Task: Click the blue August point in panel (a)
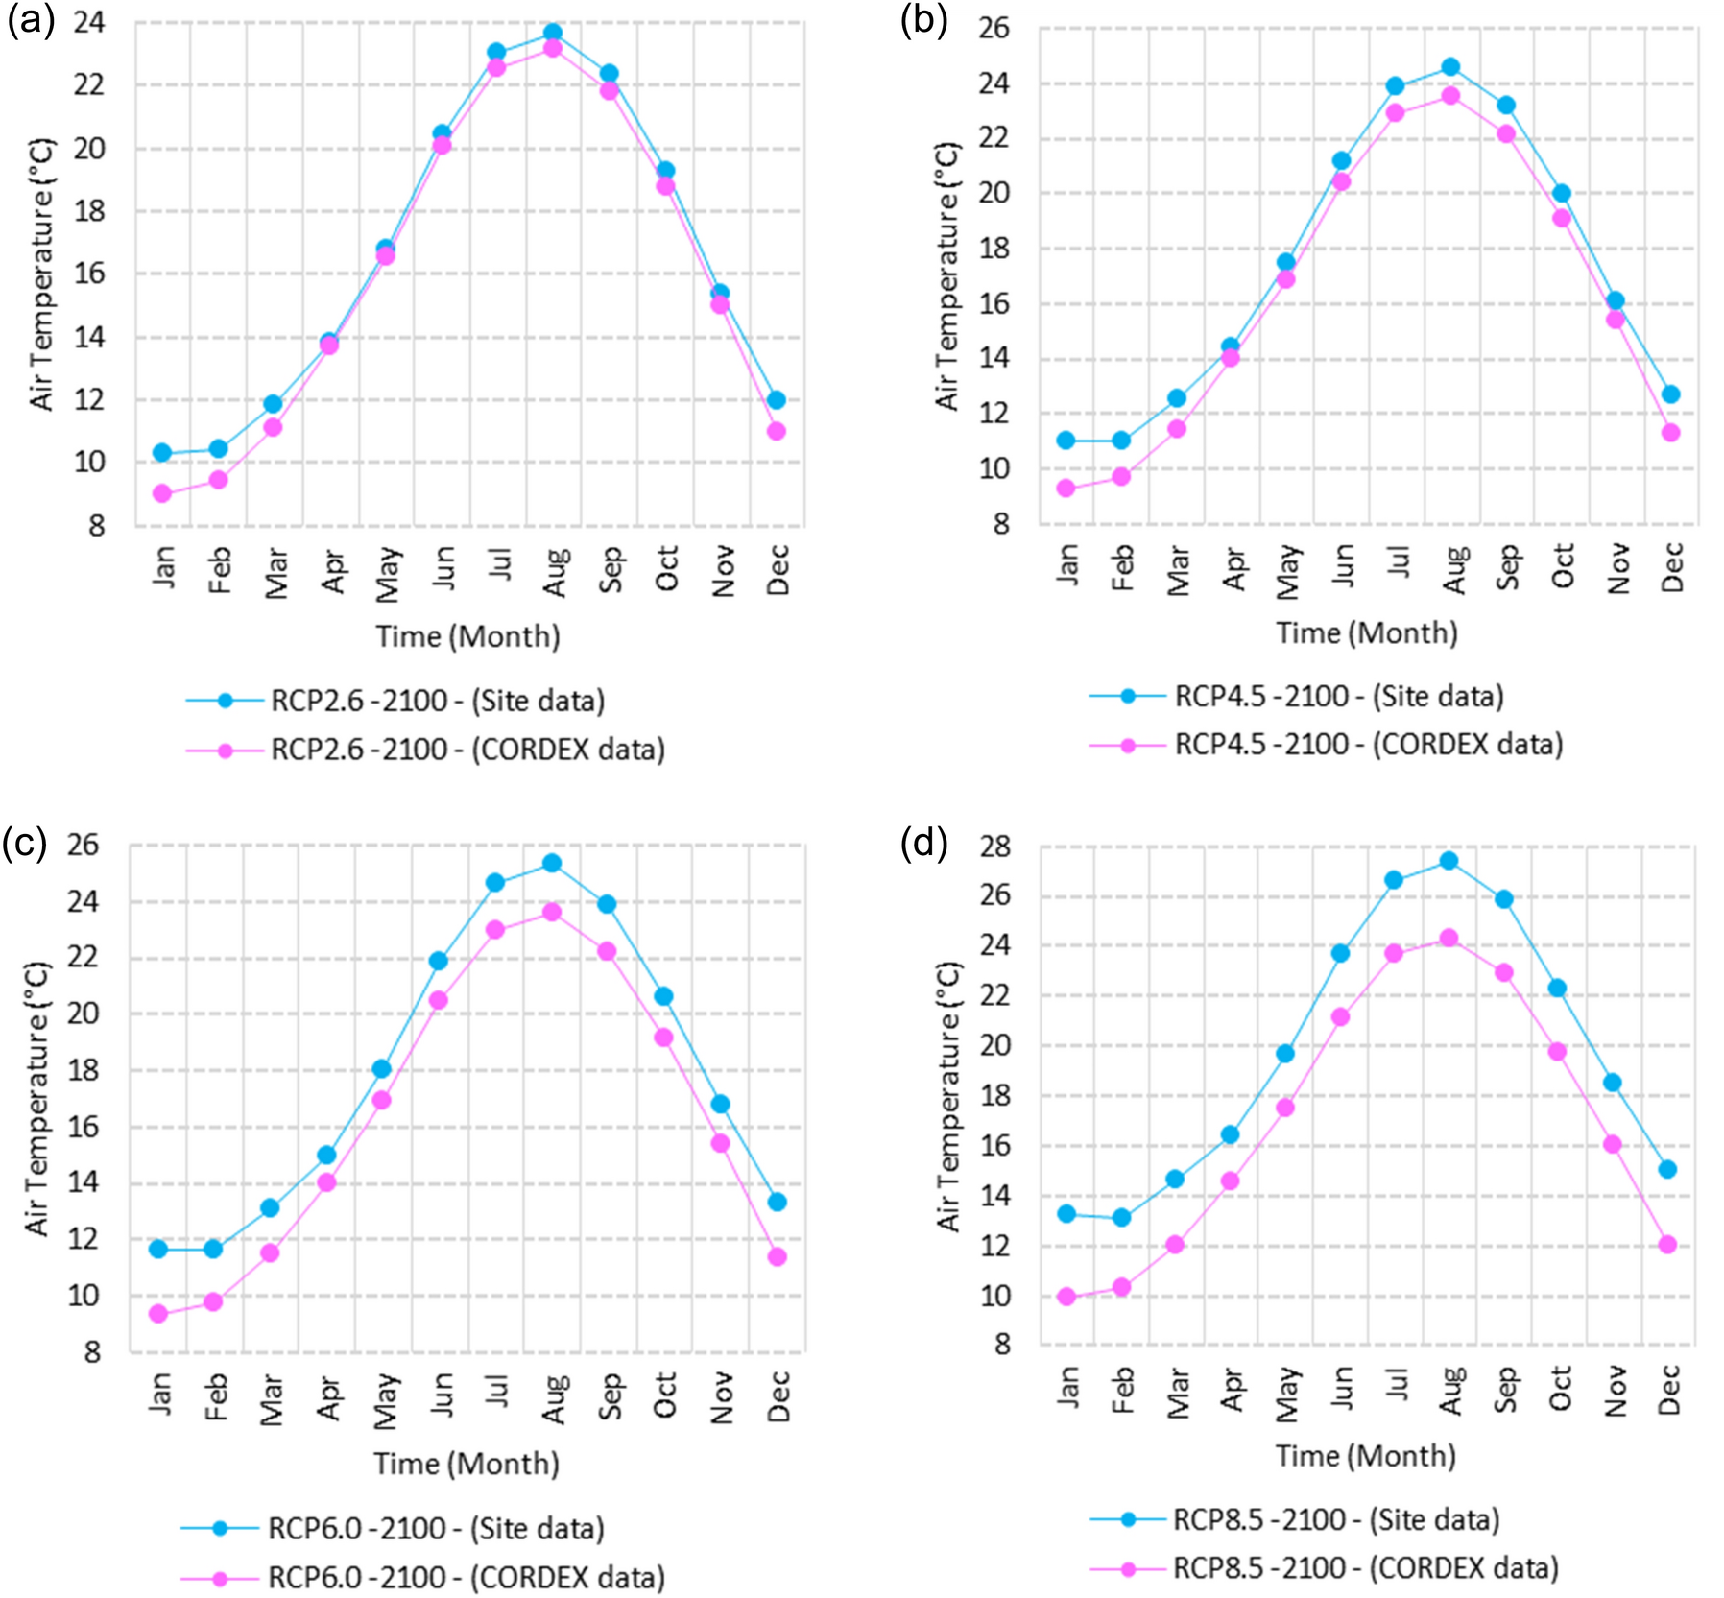click(x=553, y=33)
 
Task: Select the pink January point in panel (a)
click(x=162, y=493)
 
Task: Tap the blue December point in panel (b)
click(x=1670, y=394)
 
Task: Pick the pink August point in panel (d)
click(x=1449, y=938)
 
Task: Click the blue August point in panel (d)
click(x=1449, y=861)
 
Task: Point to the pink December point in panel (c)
click(x=777, y=1256)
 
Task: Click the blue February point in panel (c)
click(x=213, y=1249)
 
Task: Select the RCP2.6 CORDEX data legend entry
click(x=467, y=750)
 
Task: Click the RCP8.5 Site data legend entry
click(x=1336, y=1519)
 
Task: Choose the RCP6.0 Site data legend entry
click(x=436, y=1528)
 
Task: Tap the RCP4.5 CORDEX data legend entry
click(x=1369, y=745)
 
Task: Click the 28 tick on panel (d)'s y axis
click(x=995, y=847)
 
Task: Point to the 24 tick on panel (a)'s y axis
click(x=89, y=22)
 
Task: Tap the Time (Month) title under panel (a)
click(x=467, y=636)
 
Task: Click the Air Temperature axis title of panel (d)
click(x=948, y=1096)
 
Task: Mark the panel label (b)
click(x=922, y=19)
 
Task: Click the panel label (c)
click(x=24, y=842)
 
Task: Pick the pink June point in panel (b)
click(x=1341, y=181)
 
